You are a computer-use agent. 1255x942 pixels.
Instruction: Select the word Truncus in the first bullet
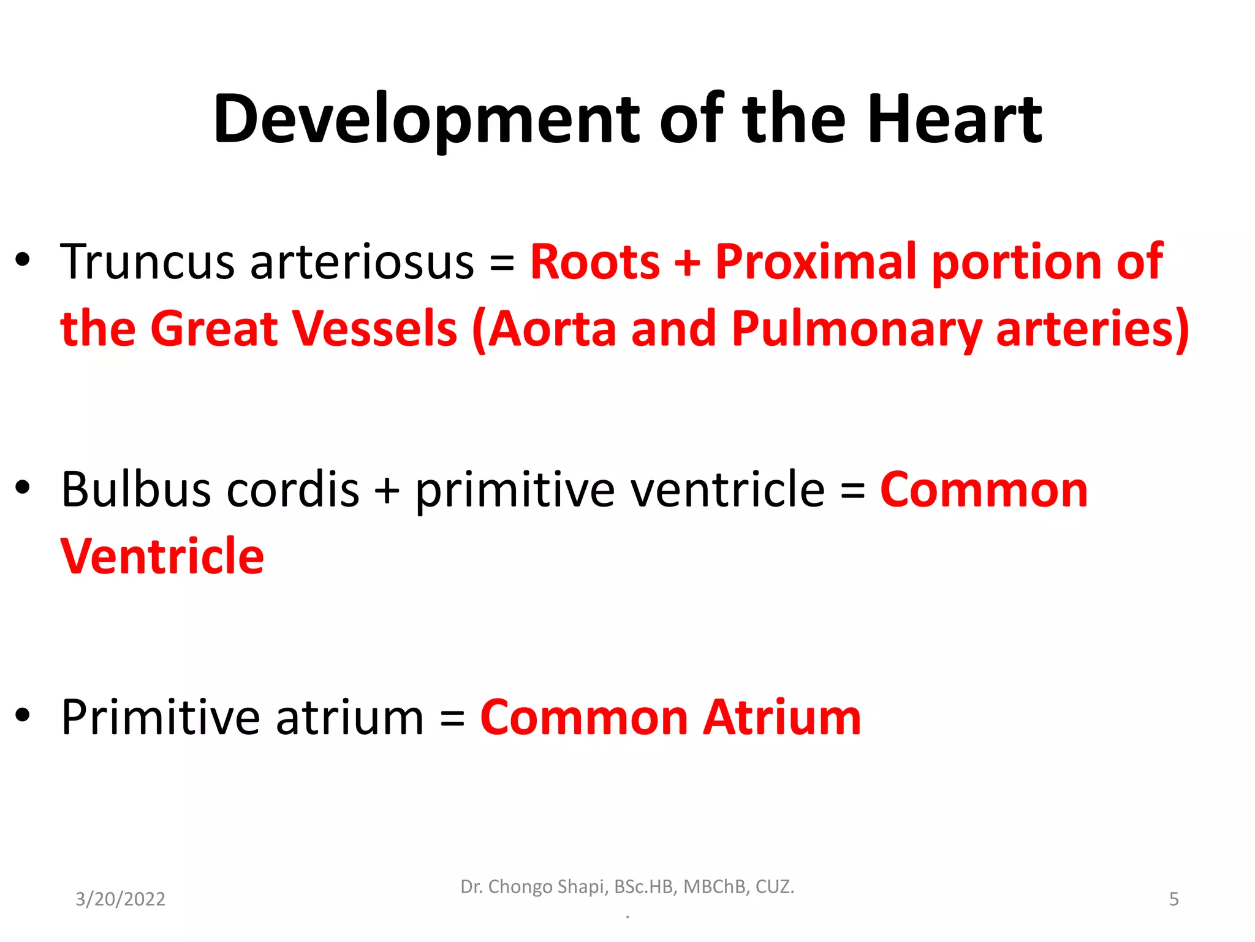(147, 262)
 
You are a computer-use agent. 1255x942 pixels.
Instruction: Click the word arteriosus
(362, 262)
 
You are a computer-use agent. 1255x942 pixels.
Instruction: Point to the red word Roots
(594, 262)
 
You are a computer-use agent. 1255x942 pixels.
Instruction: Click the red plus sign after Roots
(687, 262)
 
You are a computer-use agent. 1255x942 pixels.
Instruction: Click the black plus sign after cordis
(387, 491)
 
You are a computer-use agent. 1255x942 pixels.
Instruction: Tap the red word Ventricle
(162, 556)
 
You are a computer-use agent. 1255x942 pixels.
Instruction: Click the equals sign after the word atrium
(452, 719)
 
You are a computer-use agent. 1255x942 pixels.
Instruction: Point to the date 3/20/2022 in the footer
(120, 899)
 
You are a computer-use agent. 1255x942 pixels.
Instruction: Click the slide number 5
(1173, 899)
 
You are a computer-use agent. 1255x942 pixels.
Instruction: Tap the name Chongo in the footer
(520, 887)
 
